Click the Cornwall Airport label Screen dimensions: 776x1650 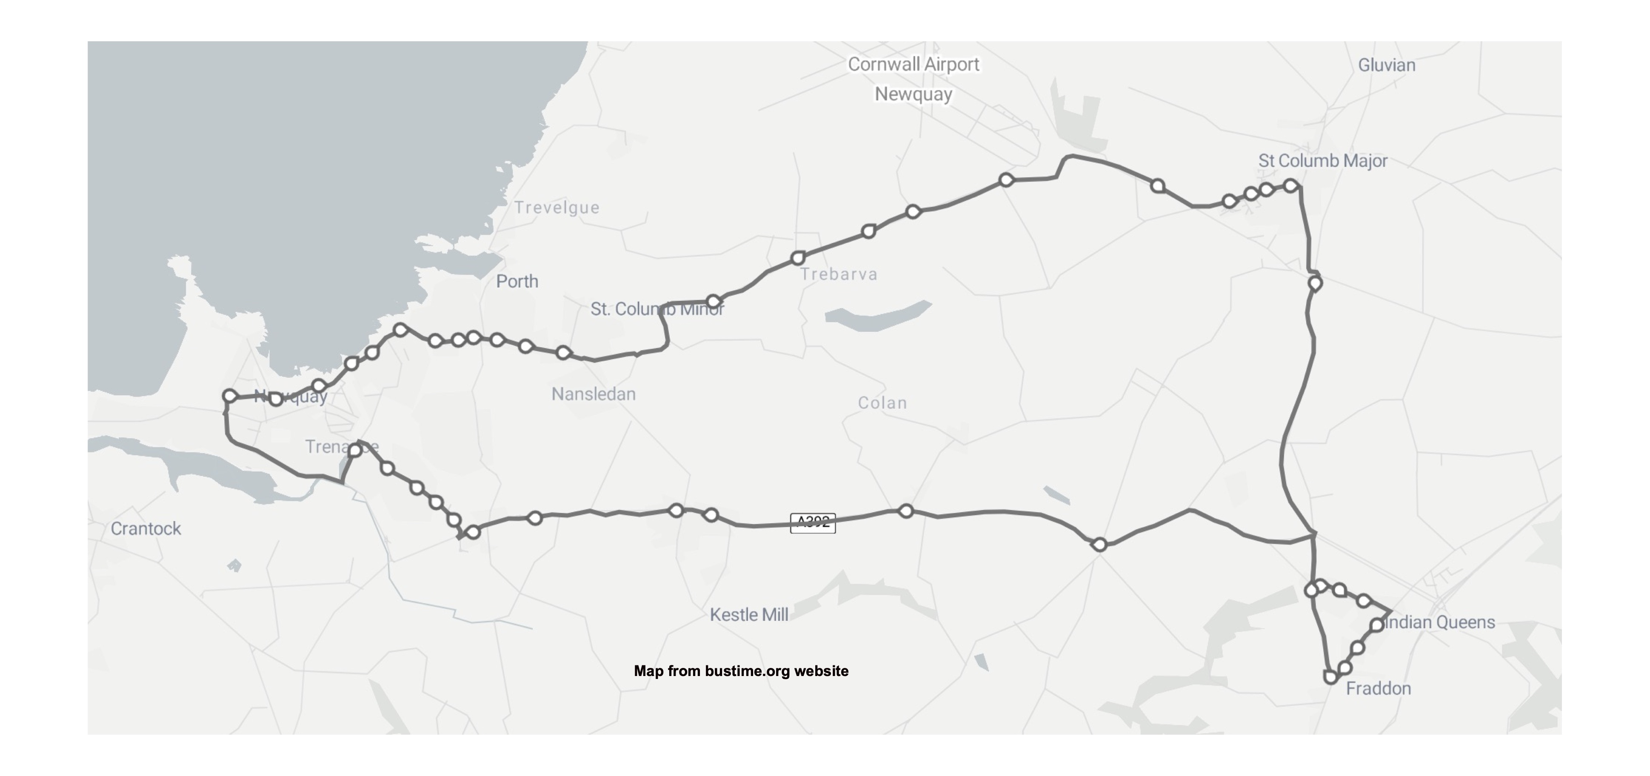click(913, 65)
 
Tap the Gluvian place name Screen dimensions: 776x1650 click(1387, 66)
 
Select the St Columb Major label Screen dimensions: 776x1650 click(1323, 161)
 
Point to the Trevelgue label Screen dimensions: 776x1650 click(557, 208)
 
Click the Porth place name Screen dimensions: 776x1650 click(517, 281)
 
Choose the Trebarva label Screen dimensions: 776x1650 click(839, 275)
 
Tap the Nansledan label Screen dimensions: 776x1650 click(593, 394)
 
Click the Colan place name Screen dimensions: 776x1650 click(882, 403)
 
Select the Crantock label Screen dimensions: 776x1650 click(146, 528)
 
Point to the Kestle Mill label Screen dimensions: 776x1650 click(749, 615)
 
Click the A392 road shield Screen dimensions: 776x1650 click(813, 522)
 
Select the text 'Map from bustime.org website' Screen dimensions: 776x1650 click(741, 671)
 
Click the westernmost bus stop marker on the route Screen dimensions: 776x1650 click(229, 397)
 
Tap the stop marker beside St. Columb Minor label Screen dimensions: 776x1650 click(713, 302)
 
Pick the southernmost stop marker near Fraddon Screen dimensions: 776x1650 click(1330, 677)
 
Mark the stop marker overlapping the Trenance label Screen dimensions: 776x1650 click(354, 450)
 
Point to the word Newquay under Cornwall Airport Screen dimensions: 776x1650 click(913, 94)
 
